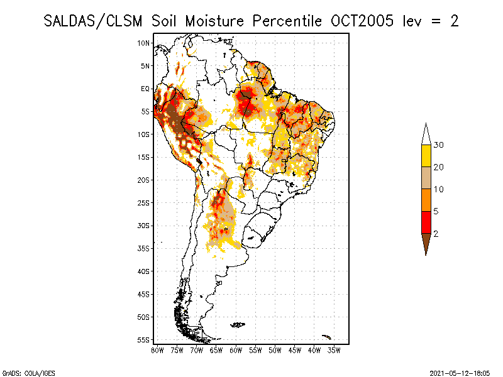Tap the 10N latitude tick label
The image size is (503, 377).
coord(144,43)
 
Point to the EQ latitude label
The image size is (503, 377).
coord(145,89)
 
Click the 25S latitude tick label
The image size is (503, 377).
coord(144,202)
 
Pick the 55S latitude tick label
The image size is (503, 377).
coord(144,339)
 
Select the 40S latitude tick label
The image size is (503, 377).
coord(144,271)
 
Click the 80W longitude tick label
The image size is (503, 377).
coord(157,349)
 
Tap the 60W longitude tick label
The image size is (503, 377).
coord(236,349)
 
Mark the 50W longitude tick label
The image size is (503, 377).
coord(275,349)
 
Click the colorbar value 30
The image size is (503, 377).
coord(439,145)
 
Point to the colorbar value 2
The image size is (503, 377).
coord(435,234)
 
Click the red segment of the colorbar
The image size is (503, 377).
coord(426,222)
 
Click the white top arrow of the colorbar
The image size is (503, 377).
coord(426,134)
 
